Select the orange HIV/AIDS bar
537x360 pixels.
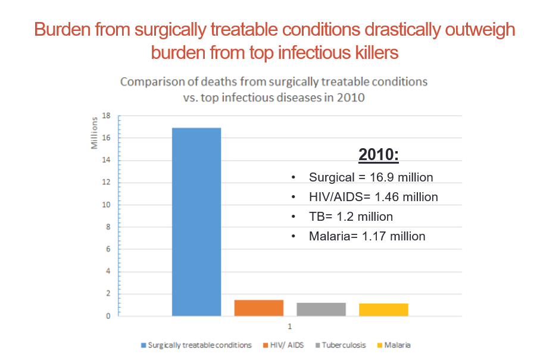coord(258,308)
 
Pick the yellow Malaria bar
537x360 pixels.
coord(383,309)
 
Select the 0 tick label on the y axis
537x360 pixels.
coord(108,316)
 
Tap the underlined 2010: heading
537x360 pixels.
coord(379,155)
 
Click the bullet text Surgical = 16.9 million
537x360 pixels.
coord(370,177)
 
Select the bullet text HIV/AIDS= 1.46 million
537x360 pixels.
coord(373,197)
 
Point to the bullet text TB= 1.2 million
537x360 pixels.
coord(351,217)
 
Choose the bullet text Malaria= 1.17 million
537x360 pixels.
coord(367,236)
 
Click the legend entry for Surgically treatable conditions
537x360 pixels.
coord(199,345)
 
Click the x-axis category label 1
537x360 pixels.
coord(290,325)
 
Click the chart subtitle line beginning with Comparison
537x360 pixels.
coord(274,82)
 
